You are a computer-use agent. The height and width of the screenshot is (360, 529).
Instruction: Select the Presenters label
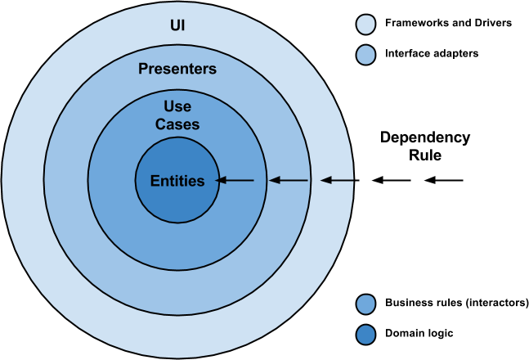point(177,70)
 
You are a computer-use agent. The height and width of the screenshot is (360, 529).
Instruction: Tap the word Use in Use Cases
point(177,107)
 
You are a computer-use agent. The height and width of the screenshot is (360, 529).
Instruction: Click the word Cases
point(177,124)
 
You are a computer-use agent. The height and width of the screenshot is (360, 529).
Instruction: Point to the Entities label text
point(177,181)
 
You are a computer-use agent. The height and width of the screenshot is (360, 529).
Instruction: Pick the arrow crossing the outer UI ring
point(337,180)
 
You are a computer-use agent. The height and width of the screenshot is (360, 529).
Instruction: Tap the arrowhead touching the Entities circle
point(222,180)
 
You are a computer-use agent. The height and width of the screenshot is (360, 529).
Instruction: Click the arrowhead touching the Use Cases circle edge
point(273,180)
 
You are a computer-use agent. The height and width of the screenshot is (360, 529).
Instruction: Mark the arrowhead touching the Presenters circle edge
point(325,180)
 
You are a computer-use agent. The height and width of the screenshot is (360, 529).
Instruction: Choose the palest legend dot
point(365,25)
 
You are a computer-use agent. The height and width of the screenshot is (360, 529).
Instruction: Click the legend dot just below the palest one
point(365,56)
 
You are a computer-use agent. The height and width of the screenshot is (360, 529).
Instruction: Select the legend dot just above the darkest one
point(365,304)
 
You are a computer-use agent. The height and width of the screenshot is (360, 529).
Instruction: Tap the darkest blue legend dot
point(365,335)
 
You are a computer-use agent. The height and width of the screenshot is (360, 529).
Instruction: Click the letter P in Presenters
point(142,70)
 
